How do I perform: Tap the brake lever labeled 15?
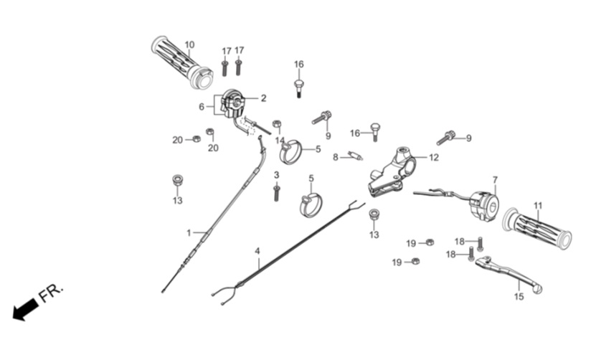click(x=509, y=273)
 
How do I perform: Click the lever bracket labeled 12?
click(x=392, y=172)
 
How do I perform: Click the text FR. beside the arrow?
click(x=51, y=293)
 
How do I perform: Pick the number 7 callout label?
click(x=495, y=179)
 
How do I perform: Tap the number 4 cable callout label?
click(x=257, y=251)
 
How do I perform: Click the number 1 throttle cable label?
click(x=189, y=232)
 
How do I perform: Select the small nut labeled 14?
click(x=277, y=124)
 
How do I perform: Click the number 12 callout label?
click(x=434, y=157)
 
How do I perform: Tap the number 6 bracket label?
click(x=202, y=107)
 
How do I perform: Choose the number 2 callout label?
click(x=263, y=98)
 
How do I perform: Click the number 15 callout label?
click(x=519, y=296)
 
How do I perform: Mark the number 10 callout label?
click(x=189, y=45)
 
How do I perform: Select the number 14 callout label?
click(x=280, y=141)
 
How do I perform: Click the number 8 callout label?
click(x=335, y=157)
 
